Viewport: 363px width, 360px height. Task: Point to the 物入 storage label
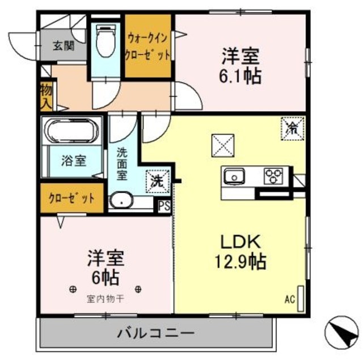46,97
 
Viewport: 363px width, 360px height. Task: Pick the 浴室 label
74,161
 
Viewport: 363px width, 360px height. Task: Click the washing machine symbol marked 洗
157,182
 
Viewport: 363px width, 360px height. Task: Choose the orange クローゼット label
71,199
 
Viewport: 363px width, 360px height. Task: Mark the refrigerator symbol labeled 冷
292,128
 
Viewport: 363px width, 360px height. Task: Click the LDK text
240,241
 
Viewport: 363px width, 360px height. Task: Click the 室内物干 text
107,298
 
